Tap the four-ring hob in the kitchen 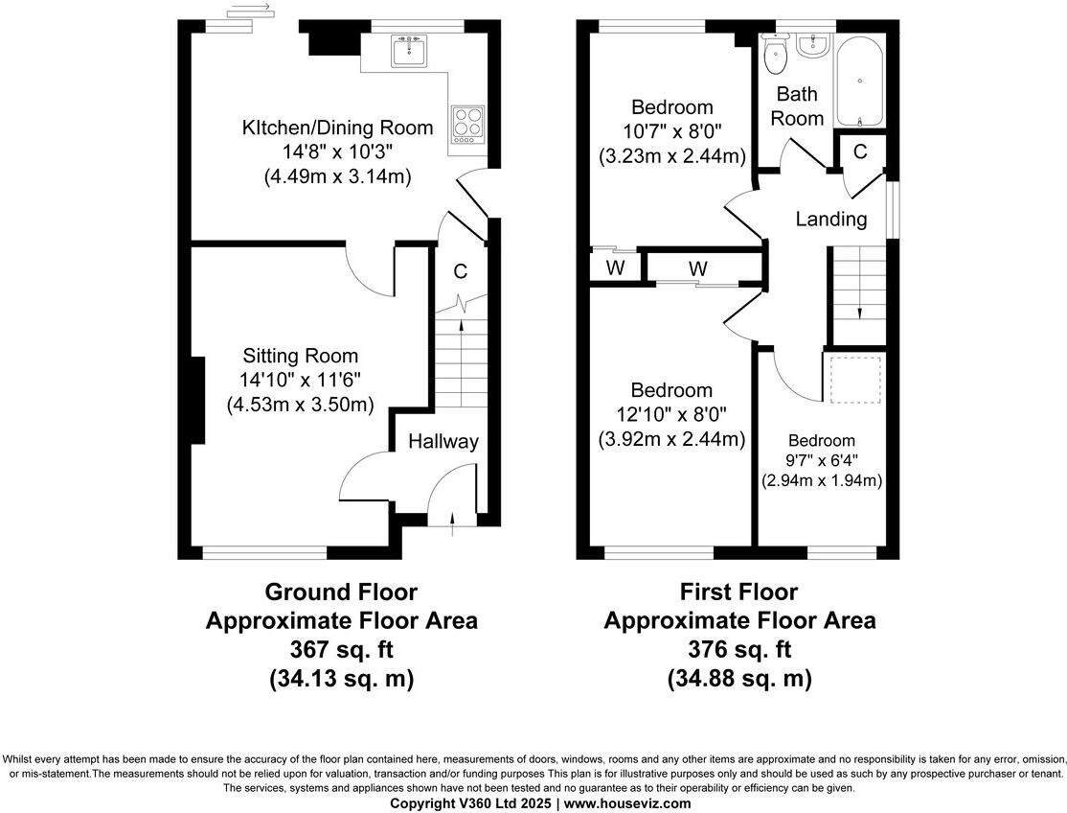[467, 123]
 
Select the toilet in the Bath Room [776, 57]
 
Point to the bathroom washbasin [816, 44]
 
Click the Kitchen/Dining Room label [337, 128]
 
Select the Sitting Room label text [300, 356]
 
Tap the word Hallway [443, 442]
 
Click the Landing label [831, 220]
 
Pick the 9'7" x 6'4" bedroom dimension [822, 460]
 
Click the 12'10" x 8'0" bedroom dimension [671, 415]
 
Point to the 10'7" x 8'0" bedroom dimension [671, 131]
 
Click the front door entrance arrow [454, 520]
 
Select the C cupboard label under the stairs [461, 272]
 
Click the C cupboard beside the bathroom [860, 151]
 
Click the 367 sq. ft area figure [341, 649]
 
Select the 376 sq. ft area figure [738, 649]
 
